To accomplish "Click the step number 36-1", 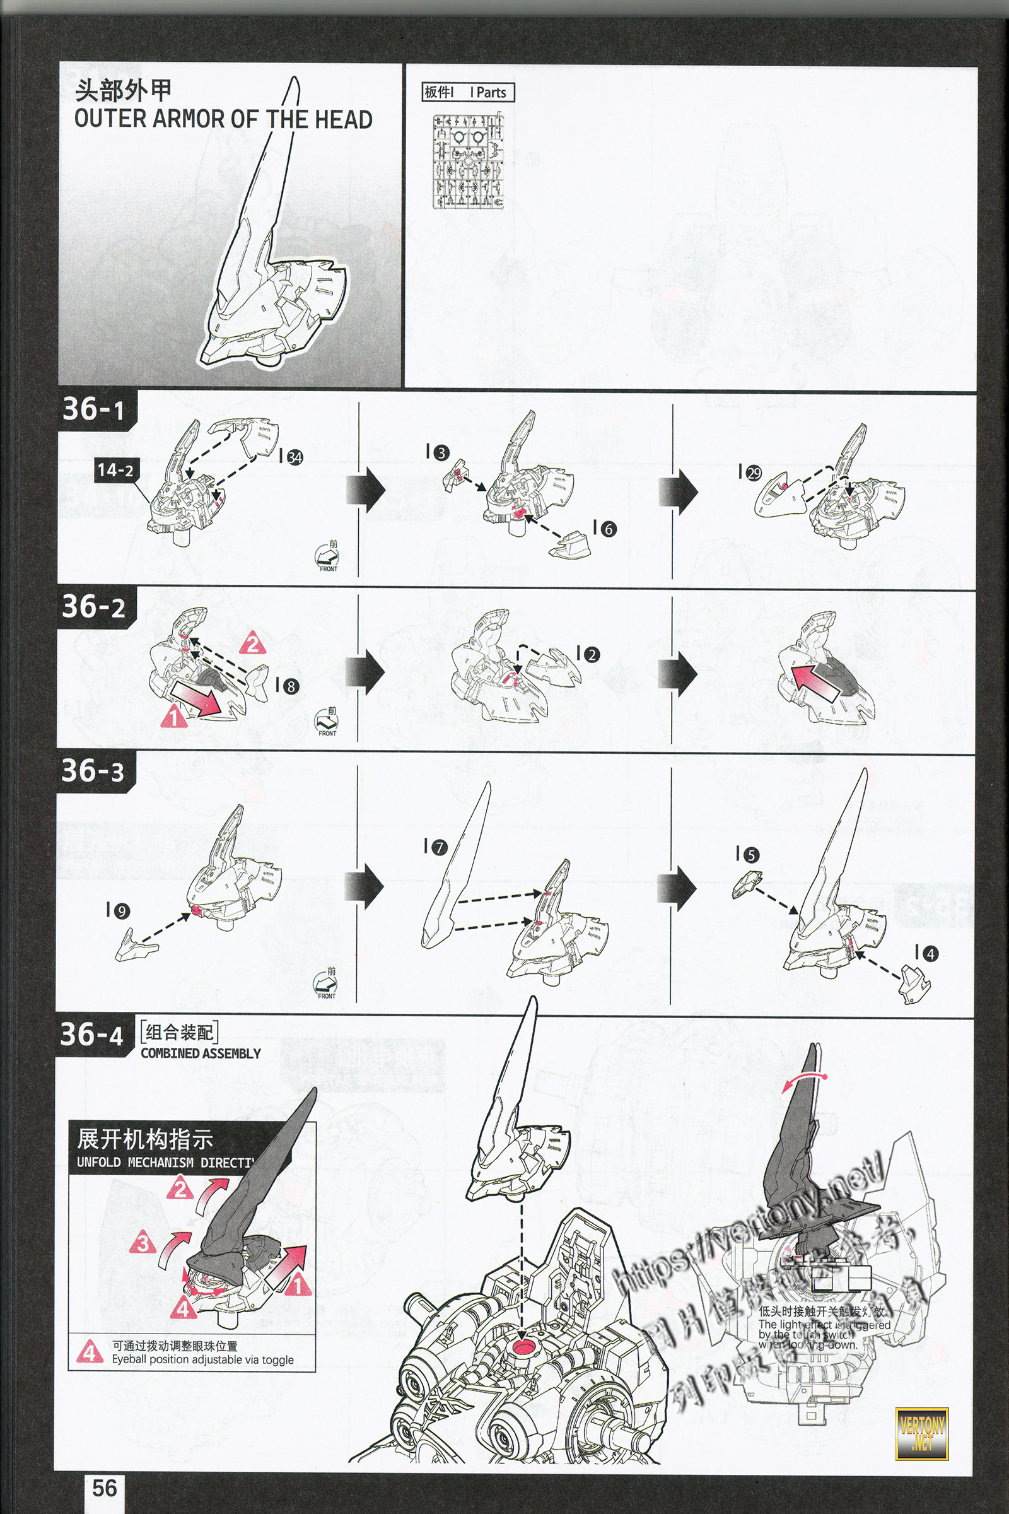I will [x=93, y=409].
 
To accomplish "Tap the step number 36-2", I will [x=93, y=606].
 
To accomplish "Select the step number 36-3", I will [x=93, y=770].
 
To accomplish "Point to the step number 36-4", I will [x=91, y=1035].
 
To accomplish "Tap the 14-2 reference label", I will [x=115, y=470].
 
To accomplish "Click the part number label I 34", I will [x=291, y=456].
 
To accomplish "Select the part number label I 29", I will [x=750, y=473].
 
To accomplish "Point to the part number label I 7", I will [x=436, y=847].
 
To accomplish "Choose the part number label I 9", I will [x=118, y=911].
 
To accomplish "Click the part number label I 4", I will [x=926, y=953].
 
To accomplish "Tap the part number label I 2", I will [x=588, y=655].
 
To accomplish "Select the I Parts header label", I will [x=468, y=92].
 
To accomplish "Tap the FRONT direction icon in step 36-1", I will [x=327, y=556].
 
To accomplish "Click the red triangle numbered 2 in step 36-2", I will [x=253, y=643].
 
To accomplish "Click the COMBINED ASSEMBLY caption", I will [x=200, y=1053].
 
